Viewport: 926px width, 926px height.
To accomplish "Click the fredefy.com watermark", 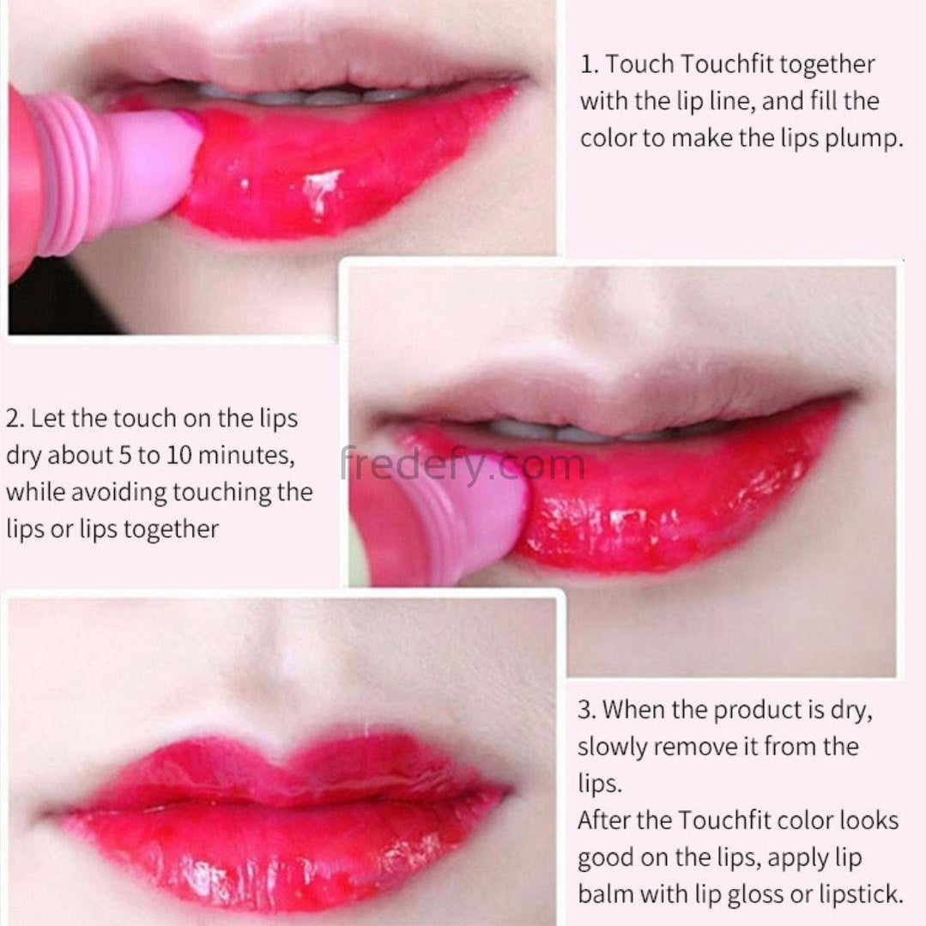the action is (463, 466).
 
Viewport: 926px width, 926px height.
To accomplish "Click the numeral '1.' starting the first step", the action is (590, 64).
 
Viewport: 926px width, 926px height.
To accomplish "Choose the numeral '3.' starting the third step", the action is (587, 710).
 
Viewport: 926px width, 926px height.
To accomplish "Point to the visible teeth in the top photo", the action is (307, 94).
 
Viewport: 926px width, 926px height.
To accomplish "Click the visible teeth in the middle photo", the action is (602, 430).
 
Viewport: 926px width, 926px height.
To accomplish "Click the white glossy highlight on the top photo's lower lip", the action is (322, 189).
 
